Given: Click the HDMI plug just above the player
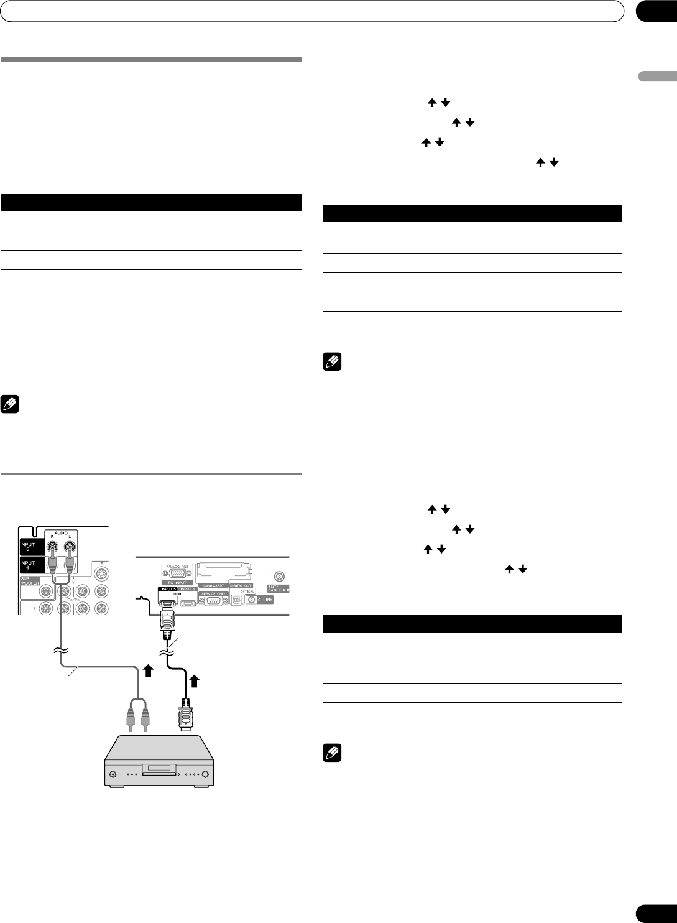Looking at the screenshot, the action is coord(185,718).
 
